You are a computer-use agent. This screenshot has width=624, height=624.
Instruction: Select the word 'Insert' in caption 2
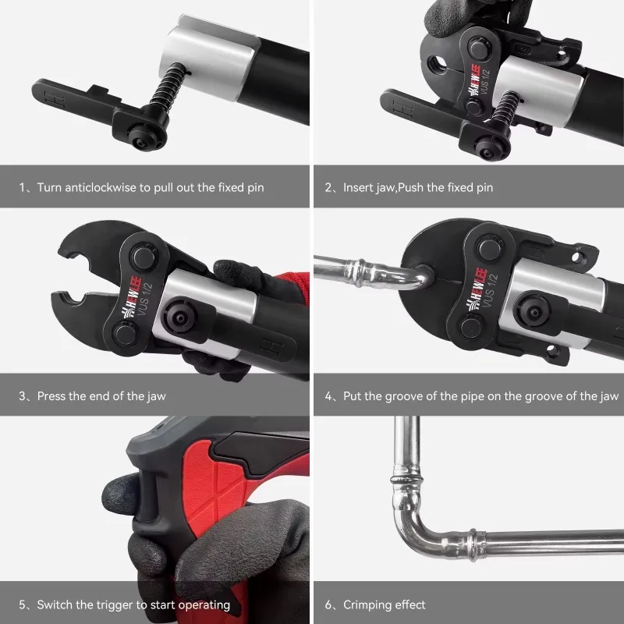(359, 188)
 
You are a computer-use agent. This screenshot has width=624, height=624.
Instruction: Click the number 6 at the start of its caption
(328, 604)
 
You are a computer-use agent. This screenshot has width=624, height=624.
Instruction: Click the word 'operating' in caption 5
(204, 604)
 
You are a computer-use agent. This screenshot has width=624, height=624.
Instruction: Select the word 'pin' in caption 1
(255, 188)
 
